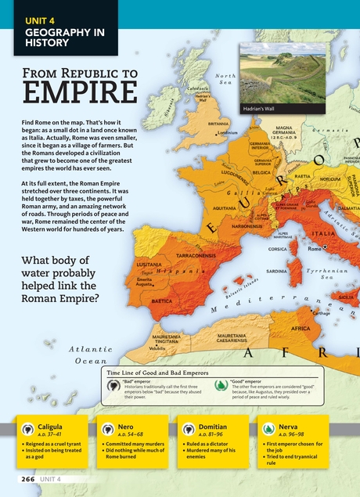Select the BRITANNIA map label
(x=218, y=123)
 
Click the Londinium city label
(x=227, y=133)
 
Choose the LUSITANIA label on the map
(x=150, y=265)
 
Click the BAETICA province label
(x=161, y=300)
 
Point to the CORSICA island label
(x=278, y=250)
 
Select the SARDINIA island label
(x=276, y=272)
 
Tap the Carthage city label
(x=322, y=313)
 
